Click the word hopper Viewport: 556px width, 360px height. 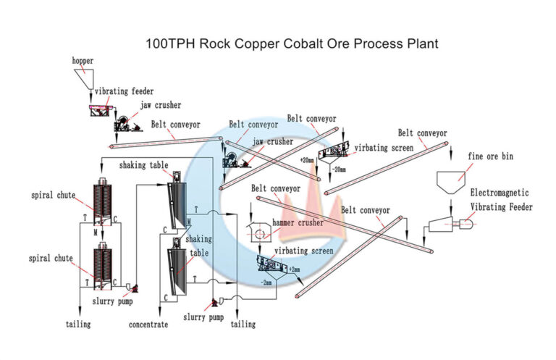click(82, 61)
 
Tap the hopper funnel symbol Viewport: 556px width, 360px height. click(85, 79)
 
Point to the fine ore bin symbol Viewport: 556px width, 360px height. click(454, 180)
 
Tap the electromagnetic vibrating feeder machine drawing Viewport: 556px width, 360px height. click(449, 224)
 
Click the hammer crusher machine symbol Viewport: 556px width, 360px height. click(259, 232)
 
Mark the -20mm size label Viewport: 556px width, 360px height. click(338, 169)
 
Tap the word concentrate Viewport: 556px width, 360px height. click(148, 325)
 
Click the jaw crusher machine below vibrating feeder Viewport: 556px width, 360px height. click(129, 125)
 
